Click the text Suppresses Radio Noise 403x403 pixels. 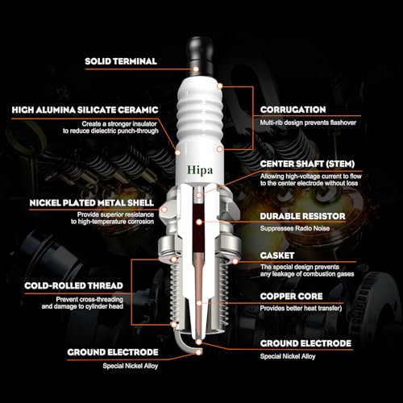pyautogui.click(x=299, y=229)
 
